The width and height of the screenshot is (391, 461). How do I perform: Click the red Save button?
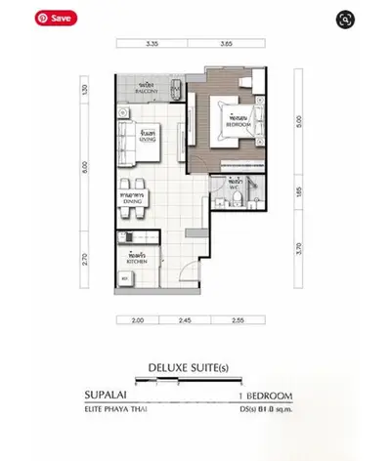55,18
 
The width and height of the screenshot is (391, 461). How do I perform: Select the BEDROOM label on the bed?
234,124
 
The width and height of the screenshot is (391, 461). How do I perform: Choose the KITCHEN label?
137,259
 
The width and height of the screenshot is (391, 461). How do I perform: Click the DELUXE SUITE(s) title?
195,368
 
